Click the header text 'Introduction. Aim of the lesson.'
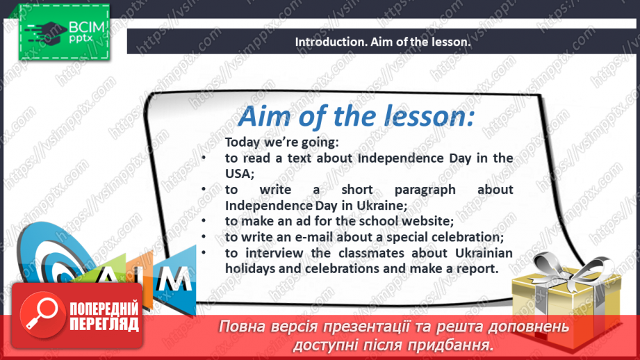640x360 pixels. coord(383,42)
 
